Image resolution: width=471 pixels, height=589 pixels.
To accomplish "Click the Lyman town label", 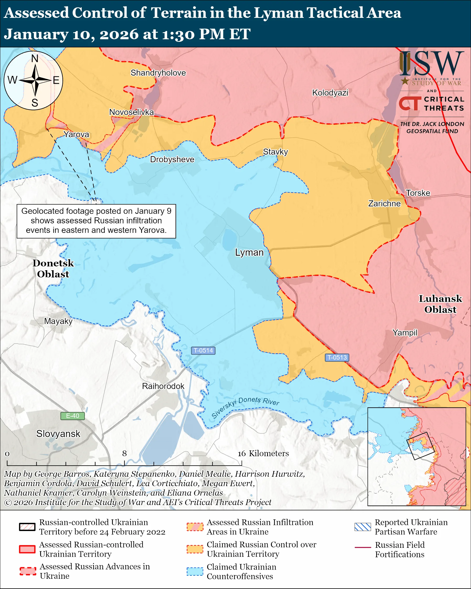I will coord(249,253).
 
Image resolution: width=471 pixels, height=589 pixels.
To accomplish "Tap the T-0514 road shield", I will coord(203,350).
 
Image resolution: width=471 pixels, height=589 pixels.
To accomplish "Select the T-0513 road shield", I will coord(337,357).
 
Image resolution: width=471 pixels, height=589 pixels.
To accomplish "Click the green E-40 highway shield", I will coord(72,416).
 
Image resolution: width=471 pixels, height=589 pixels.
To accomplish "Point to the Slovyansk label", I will coord(58,434).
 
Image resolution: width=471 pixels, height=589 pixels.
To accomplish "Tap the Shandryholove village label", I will coord(158,73).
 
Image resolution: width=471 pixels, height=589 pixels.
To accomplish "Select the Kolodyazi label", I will coord(330,93).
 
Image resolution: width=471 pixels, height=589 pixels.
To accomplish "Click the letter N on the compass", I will coord(35,59).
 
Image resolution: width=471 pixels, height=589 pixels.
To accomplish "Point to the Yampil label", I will coord(405,333).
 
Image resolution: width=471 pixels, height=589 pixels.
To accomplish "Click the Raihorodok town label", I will coord(163,386).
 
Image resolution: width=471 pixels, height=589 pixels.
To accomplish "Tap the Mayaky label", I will coord(58,321).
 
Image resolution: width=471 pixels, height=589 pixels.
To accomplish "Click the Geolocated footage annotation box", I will coord(96,221).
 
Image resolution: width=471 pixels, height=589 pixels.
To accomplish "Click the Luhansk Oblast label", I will coord(440,304).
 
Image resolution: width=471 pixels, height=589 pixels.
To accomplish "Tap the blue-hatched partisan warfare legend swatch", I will coord(363,527).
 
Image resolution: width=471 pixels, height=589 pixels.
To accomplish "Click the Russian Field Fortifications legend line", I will coord(363,548).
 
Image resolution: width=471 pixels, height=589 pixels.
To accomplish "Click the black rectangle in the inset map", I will coord(420,446).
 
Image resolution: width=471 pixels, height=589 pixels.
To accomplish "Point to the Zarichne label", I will coord(384,203).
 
